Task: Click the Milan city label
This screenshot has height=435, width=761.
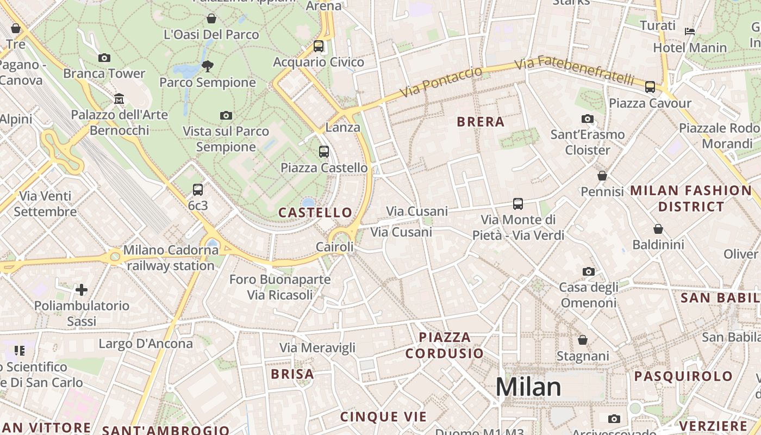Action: point(528,387)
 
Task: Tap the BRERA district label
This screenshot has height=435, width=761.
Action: point(481,122)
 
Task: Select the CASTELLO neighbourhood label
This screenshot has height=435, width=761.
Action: point(315,213)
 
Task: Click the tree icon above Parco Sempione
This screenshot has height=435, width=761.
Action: point(207,66)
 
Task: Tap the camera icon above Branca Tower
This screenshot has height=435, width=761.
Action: point(104,58)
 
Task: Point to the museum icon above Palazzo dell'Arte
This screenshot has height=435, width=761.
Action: point(119,99)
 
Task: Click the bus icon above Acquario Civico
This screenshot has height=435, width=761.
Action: point(319,46)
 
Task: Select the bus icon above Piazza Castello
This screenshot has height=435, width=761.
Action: point(324,152)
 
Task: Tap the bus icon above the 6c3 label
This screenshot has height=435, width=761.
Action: point(198,190)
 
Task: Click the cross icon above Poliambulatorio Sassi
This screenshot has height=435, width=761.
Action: point(82,289)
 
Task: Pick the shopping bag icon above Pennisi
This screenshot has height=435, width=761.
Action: point(602,176)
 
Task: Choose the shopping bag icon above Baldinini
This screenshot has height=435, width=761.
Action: point(658,229)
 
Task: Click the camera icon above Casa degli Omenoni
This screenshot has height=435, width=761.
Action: point(588,271)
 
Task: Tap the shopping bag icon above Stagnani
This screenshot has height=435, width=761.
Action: point(583,340)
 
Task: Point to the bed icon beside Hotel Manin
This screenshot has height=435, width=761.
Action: point(690,32)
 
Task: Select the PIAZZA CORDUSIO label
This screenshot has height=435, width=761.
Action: point(445,345)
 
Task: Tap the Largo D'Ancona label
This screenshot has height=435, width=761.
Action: point(146,344)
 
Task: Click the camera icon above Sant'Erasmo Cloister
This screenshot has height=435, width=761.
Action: point(587,119)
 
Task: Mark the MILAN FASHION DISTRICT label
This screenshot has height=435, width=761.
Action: point(691,198)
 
